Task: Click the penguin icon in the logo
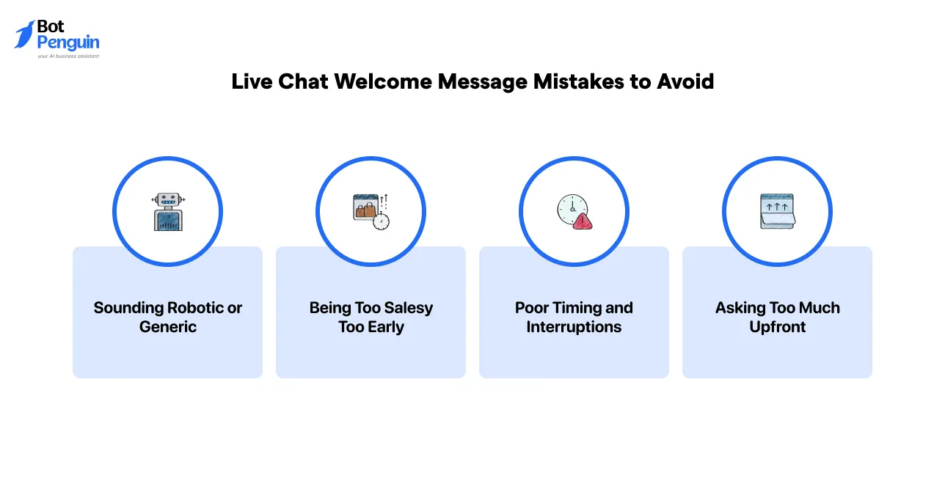25,34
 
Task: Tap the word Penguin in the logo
68,43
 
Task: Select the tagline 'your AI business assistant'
68,56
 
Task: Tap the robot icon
168,212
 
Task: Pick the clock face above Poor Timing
571,208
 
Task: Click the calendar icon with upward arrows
777,211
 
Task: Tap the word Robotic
195,308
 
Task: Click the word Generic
168,327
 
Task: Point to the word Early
386,327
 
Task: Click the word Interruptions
574,327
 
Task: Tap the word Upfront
778,327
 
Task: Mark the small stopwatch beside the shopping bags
381,221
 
